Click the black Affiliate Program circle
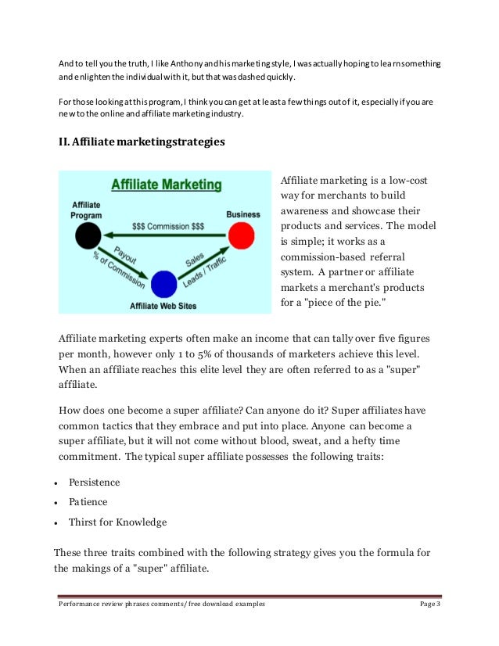[89, 234]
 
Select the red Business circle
[242, 234]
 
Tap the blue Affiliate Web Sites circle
[164, 284]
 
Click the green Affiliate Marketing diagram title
[165, 185]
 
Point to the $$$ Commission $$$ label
[168, 224]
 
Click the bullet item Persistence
[95, 482]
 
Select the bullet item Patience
[88, 502]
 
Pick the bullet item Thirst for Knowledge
[117, 522]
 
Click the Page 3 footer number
[430, 605]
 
